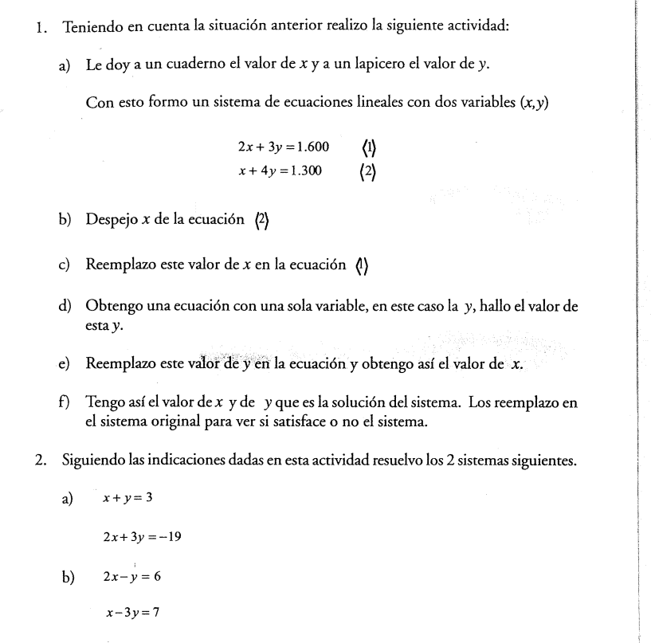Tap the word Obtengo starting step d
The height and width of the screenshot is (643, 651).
click(112, 308)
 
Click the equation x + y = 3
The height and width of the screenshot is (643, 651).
click(128, 498)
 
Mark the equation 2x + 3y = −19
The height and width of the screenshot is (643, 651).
click(142, 536)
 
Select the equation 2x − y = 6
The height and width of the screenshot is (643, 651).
click(132, 576)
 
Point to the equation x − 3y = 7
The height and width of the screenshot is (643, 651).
click(132, 614)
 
